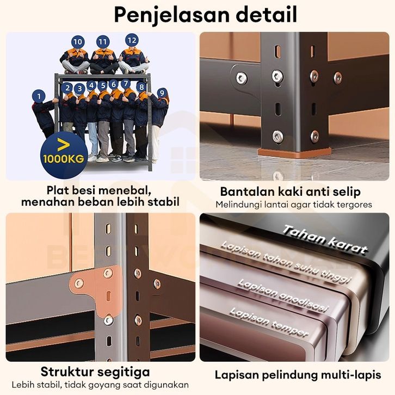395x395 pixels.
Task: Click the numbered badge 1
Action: [x=39, y=96]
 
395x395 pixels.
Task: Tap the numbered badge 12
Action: [x=132, y=40]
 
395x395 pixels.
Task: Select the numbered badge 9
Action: [x=162, y=93]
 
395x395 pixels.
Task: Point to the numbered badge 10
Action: [x=78, y=42]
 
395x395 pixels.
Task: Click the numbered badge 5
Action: [x=103, y=86]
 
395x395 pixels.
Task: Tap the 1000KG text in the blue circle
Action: [x=64, y=159]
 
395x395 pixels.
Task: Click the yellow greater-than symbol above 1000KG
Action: [x=64, y=145]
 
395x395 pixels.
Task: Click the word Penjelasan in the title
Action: [x=171, y=15]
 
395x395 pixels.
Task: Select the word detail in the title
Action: [x=266, y=15]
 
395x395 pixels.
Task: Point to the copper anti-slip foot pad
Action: [x=294, y=153]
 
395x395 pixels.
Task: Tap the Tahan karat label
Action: [x=324, y=239]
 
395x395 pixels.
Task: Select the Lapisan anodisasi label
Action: [x=283, y=295]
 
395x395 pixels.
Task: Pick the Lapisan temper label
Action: [x=269, y=322]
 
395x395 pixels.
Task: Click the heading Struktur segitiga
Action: [x=95, y=372]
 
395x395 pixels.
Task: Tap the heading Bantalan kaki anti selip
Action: [x=290, y=192]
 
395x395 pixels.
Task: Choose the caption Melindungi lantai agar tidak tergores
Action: [x=294, y=205]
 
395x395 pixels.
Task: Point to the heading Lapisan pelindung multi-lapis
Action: [x=298, y=375]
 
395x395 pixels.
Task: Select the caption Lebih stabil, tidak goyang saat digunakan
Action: [x=100, y=385]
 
